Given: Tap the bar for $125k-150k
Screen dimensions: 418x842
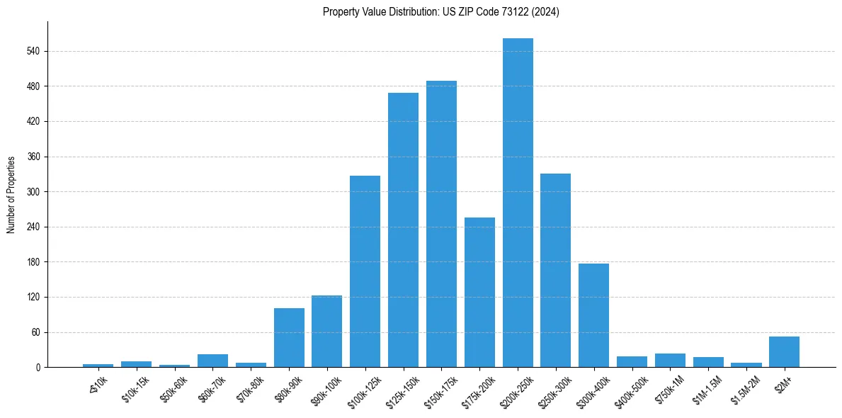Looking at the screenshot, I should tap(403, 230).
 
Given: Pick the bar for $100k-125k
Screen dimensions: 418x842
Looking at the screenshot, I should tap(365, 271).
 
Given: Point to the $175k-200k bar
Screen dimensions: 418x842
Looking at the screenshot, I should tap(479, 292).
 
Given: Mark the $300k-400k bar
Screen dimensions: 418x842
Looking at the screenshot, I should tap(593, 315).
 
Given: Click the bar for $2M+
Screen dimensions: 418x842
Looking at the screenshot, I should tap(784, 352).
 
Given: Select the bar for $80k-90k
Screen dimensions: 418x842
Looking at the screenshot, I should tap(289, 338).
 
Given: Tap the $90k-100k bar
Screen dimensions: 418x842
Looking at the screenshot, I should tap(326, 332).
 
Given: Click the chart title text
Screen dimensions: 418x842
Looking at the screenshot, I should tap(440, 12).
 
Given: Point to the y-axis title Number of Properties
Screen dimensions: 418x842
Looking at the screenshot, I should tap(11, 195).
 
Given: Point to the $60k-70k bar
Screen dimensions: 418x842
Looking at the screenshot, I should tap(212, 361).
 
